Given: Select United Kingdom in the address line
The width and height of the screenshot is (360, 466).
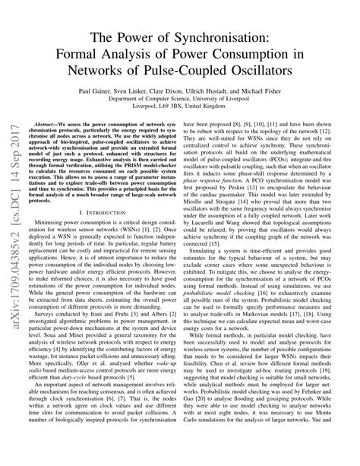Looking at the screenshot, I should pos(229,107).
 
